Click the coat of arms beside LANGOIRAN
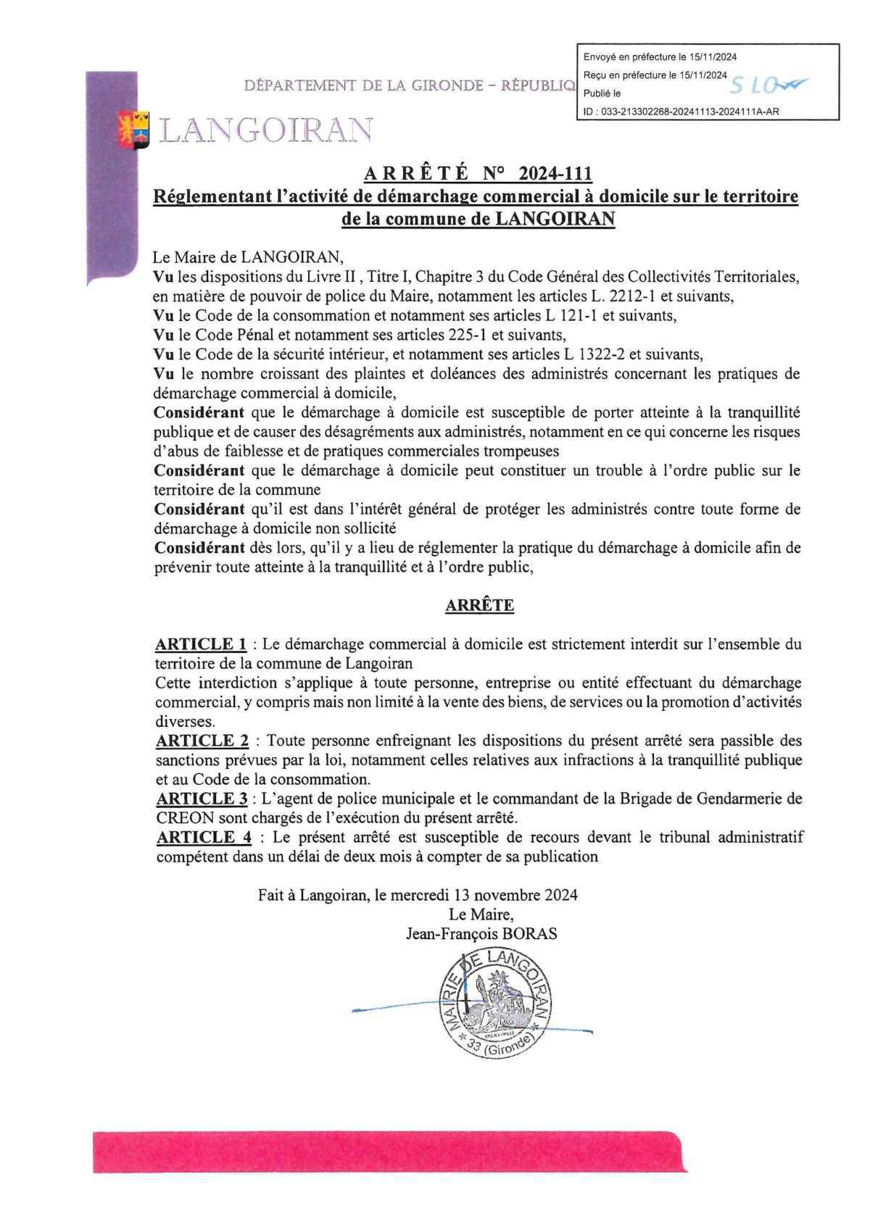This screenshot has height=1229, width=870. point(134,129)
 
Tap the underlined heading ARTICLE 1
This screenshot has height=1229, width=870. point(201,644)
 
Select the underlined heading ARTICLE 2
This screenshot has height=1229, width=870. point(202,741)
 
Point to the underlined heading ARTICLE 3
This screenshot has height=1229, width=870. point(202,799)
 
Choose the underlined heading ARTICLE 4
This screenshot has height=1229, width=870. point(204,837)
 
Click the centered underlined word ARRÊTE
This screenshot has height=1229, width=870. point(479,606)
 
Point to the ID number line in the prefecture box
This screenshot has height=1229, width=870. point(681,112)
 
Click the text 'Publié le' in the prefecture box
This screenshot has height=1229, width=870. point(602,93)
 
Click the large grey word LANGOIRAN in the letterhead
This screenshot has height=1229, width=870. point(266,130)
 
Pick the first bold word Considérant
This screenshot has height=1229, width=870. point(199,412)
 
